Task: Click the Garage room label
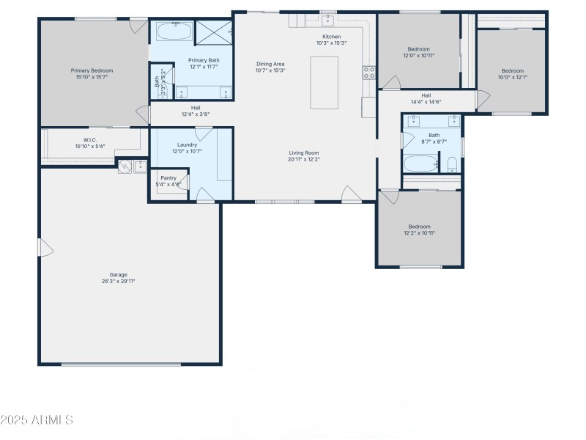[x=118, y=275]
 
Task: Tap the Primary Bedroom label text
[x=92, y=70]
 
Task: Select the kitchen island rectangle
[x=324, y=83]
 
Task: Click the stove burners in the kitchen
[x=369, y=72]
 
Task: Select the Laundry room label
[x=187, y=145]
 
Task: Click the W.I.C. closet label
[x=90, y=139]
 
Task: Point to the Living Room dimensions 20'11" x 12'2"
[x=304, y=159]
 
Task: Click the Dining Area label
[x=270, y=64]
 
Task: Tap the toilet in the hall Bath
[x=452, y=164]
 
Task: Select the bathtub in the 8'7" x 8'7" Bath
[x=420, y=163]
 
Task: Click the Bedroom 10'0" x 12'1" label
[x=512, y=71]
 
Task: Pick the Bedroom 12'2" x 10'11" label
[x=420, y=227]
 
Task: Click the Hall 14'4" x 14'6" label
[x=426, y=95]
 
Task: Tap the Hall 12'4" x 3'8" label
[x=196, y=108]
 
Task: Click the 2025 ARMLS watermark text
[x=37, y=420]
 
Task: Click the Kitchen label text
[x=331, y=37]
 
